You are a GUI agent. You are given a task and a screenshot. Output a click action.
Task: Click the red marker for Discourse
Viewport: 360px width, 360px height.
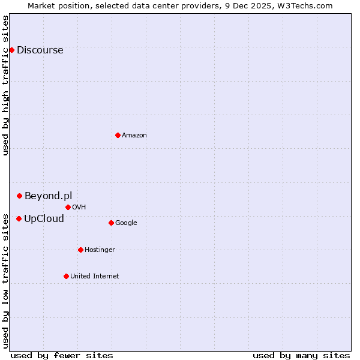pos(11,50)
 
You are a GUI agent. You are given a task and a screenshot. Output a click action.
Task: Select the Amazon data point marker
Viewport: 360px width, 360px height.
pos(118,135)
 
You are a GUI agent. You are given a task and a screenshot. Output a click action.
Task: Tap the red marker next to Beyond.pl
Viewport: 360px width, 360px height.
pos(19,196)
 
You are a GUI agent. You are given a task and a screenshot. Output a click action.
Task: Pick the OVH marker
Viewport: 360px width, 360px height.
pos(68,207)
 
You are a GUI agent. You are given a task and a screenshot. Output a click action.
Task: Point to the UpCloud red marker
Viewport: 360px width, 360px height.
pos(19,218)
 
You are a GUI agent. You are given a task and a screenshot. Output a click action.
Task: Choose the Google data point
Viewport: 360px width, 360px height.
pos(111,223)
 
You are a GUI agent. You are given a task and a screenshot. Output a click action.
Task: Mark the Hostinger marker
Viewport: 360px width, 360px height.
pos(80,250)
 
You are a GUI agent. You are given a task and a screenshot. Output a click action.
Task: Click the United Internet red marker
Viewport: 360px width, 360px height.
pos(66,276)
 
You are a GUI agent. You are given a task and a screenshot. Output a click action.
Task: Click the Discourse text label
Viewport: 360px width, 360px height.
pos(40,50)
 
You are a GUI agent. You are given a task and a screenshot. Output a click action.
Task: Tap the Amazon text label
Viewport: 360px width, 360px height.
pos(134,135)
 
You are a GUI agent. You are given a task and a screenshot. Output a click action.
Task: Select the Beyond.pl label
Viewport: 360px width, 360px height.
pos(48,196)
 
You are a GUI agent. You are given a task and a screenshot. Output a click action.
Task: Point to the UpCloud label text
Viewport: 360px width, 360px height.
pos(44,218)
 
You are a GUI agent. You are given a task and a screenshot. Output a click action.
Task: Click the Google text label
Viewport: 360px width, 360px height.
pos(126,223)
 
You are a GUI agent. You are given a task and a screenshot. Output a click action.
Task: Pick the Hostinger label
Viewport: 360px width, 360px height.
pos(100,250)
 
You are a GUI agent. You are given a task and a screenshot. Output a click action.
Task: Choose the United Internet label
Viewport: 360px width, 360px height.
pos(94,276)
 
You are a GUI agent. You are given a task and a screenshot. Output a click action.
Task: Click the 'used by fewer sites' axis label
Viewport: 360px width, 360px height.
pos(62,355)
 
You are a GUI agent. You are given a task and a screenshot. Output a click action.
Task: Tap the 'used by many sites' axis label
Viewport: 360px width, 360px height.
pos(301,355)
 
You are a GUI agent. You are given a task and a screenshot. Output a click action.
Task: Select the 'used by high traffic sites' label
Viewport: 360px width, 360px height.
pos(5,85)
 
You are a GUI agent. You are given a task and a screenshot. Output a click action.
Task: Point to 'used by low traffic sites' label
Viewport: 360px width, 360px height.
pos(5,280)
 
